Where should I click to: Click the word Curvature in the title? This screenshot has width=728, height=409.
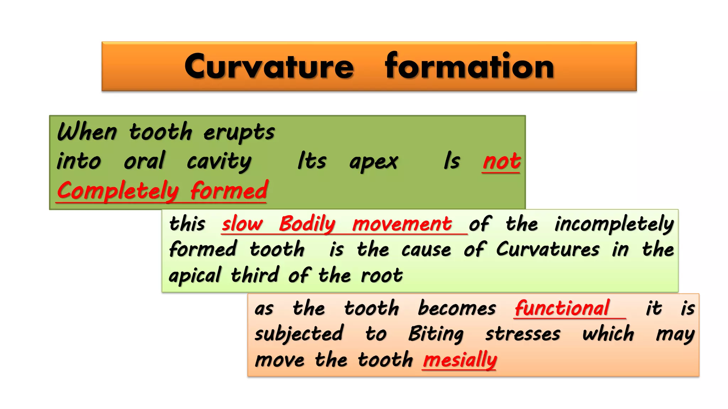[269, 67]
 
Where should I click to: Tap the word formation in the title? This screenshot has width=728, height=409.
[469, 66]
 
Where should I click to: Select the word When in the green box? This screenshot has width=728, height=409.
[87, 132]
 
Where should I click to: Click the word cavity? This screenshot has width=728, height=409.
[219, 162]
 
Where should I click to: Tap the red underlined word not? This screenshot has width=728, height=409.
[502, 162]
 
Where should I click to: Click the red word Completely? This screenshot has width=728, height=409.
[118, 191]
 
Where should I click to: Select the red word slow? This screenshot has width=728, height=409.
[242, 224]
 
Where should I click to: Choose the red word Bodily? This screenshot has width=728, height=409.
[307, 224]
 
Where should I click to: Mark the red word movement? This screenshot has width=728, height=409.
[402, 224]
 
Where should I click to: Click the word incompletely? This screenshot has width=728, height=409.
[614, 224]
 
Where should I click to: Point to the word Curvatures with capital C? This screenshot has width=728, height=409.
[548, 249]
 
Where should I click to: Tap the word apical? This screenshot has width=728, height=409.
[195, 276]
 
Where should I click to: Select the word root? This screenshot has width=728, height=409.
[382, 276]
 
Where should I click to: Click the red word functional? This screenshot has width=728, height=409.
[562, 308]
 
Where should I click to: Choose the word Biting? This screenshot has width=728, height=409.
[436, 334]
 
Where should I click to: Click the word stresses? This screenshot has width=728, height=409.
[523, 334]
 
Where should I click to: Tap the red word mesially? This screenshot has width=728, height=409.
[460, 360]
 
